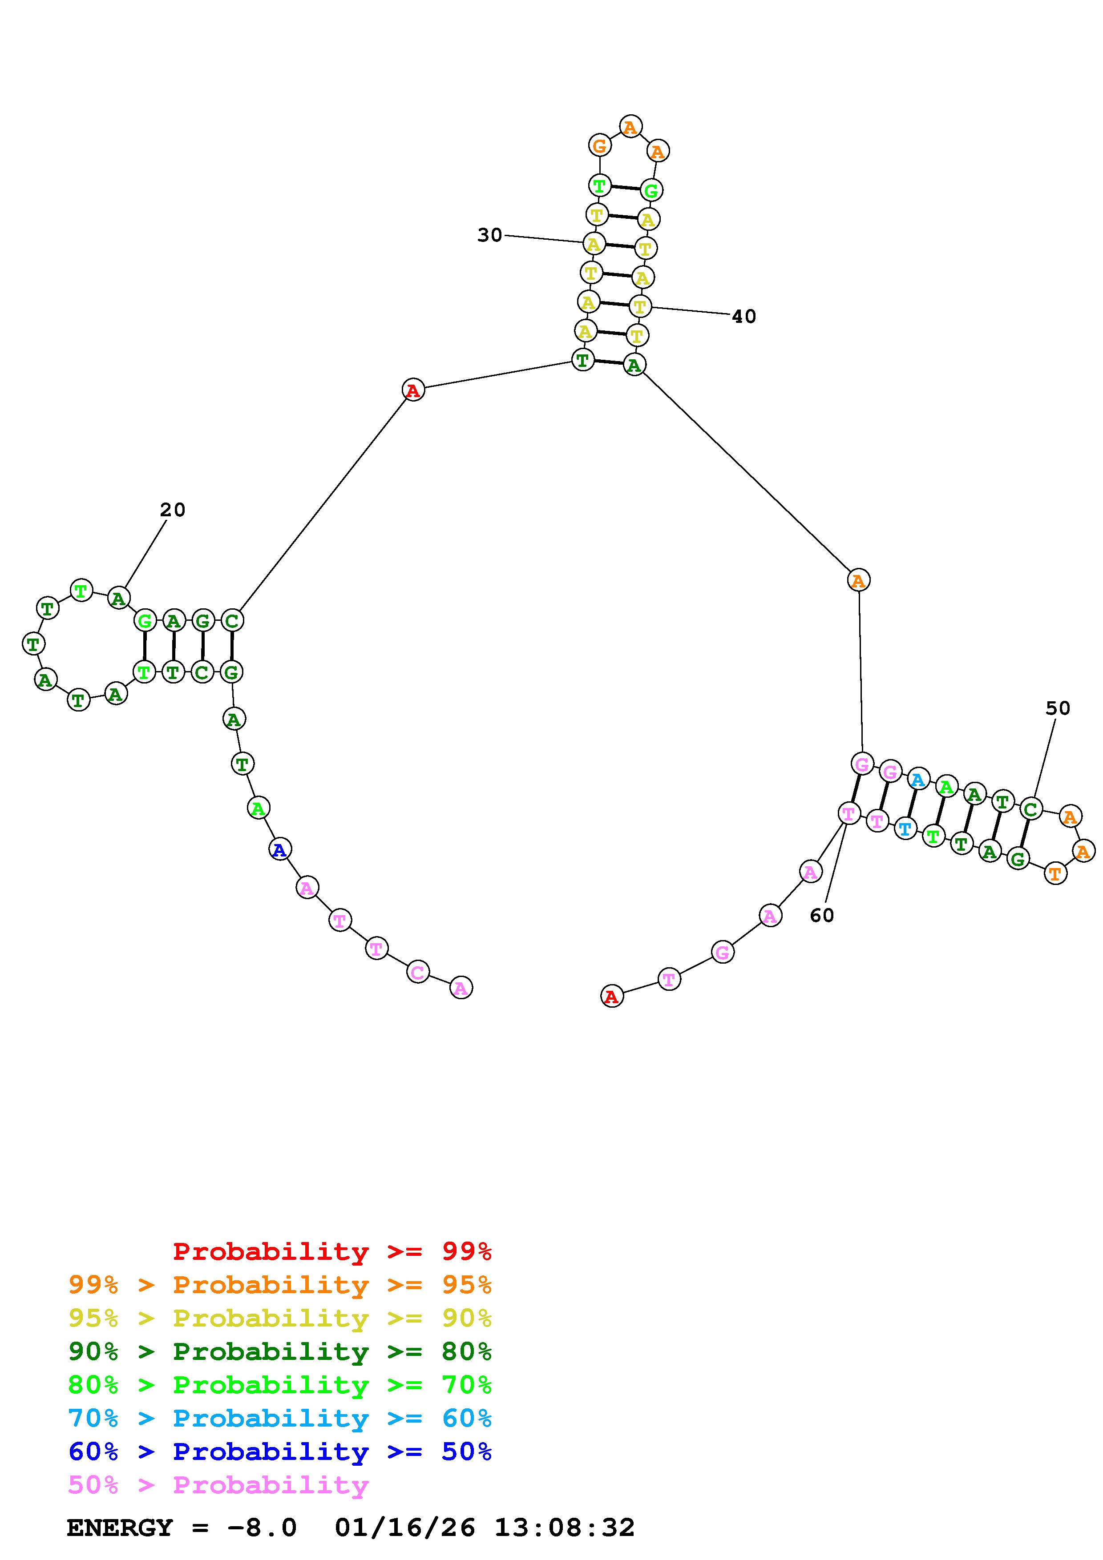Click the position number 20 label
pyautogui.click(x=173, y=510)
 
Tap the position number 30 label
pyautogui.click(x=489, y=235)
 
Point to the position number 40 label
pyautogui.click(x=743, y=317)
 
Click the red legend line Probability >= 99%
pyautogui.click(x=332, y=1251)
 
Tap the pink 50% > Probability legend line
pyautogui.click(x=218, y=1485)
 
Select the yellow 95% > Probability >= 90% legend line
pyautogui.click(x=280, y=1318)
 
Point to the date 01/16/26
pyautogui.click(x=405, y=1528)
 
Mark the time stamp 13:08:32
pyautogui.click(x=564, y=1528)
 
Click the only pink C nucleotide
pyautogui.click(x=418, y=972)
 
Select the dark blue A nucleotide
pyautogui.click(x=279, y=848)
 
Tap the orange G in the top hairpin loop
pyautogui.click(x=599, y=145)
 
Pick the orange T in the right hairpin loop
pyautogui.click(x=1055, y=873)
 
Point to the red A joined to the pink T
pyautogui.click(x=612, y=996)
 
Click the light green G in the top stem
pyautogui.click(x=651, y=191)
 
